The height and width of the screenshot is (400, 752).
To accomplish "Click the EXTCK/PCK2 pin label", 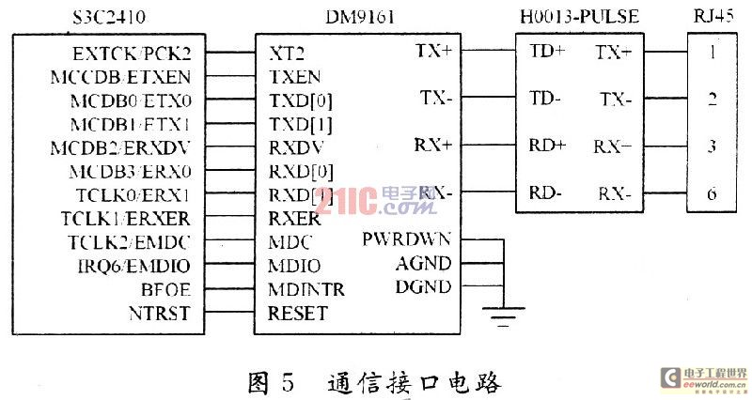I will [x=136, y=54].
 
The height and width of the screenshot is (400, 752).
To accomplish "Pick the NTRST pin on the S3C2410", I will [x=162, y=313].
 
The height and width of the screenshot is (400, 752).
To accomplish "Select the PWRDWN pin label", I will [x=407, y=239].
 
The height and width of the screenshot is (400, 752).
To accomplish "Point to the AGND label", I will [x=423, y=264].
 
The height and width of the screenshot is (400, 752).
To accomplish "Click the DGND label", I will [x=423, y=286].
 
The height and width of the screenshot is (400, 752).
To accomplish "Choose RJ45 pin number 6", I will [x=713, y=193].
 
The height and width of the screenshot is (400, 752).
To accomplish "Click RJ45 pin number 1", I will [x=713, y=53].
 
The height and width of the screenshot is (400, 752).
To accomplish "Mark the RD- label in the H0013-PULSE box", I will [x=545, y=193].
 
